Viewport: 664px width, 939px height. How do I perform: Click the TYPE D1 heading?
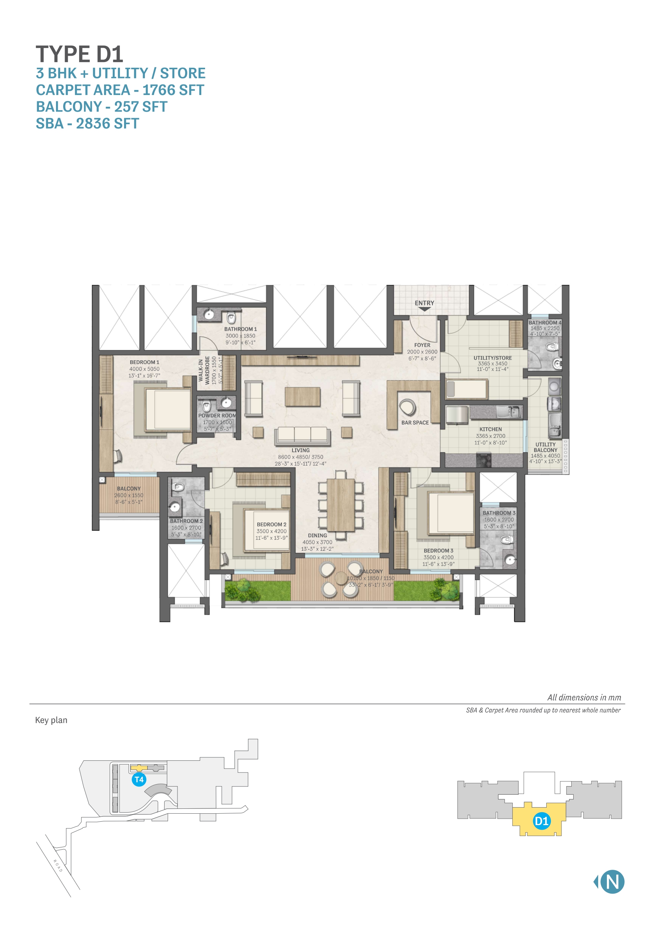tap(79, 55)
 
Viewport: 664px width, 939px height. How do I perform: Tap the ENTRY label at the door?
tap(425, 303)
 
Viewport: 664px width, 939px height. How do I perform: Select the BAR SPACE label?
tap(415, 422)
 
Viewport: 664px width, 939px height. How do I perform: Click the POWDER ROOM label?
tap(217, 416)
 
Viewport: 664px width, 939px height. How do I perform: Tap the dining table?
tap(341, 505)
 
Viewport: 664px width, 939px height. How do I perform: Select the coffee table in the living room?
tap(303, 397)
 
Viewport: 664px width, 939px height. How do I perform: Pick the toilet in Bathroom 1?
tap(232, 318)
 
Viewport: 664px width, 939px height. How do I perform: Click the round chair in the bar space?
tap(407, 407)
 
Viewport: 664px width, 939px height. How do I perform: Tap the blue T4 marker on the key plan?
tap(139, 780)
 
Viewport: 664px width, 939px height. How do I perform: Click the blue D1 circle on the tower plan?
tap(541, 821)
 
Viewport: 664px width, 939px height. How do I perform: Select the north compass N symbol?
tap(612, 882)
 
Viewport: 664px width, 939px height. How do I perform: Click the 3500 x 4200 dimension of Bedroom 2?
tap(272, 531)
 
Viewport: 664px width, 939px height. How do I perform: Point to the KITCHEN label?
tap(490, 430)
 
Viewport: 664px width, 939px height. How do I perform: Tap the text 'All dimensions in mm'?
tap(584, 698)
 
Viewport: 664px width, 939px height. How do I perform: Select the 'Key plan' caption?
tap(51, 720)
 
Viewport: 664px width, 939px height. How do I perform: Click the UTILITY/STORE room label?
tap(492, 358)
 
